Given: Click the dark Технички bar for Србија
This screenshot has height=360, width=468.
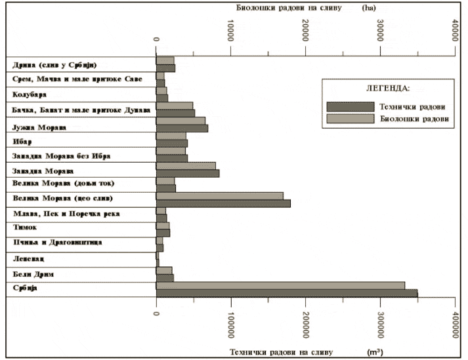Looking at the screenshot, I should tap(286, 293).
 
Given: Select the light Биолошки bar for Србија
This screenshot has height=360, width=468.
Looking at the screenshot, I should tap(280, 285).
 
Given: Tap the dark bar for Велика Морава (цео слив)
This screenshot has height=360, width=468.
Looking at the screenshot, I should tap(223, 203).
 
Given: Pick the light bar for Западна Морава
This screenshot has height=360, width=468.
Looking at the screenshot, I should tap(186, 165).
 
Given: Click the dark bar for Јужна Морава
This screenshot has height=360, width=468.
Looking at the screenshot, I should tap(182, 128).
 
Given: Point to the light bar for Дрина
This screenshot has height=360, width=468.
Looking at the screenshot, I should tap(165, 60).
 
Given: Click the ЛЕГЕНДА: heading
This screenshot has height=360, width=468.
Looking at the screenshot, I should tap(387, 87).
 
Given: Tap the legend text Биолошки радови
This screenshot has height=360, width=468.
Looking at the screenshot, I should tap(414, 119).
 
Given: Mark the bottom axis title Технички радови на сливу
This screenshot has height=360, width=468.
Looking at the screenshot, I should tap(282, 352).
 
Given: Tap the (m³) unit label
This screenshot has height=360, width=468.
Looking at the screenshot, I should tap(376, 352).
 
